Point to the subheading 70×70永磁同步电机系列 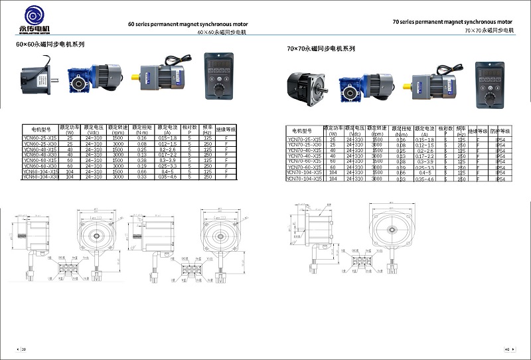click(321, 49)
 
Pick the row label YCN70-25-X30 click(305, 145)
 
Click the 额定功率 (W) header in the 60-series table click(70, 128)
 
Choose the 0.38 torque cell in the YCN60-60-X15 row click(141, 160)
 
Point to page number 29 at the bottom click(24, 349)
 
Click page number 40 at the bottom click(507, 349)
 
